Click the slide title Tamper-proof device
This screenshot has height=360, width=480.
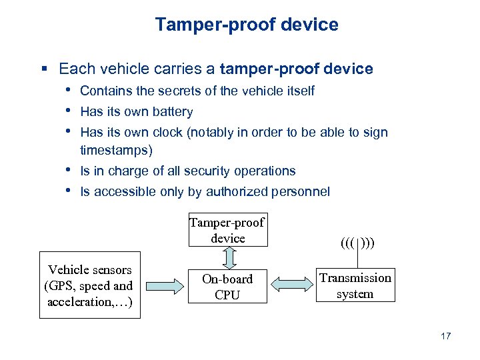click(247, 25)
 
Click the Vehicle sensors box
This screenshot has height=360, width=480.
click(89, 285)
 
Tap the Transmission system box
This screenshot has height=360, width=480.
click(355, 285)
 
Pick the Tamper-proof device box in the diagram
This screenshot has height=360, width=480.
click(227, 230)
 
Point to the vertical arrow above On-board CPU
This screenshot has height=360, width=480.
click(227, 257)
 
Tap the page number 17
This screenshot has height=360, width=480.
click(445, 336)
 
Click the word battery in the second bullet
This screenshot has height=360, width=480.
click(173, 112)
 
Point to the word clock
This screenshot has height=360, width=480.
click(168, 132)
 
